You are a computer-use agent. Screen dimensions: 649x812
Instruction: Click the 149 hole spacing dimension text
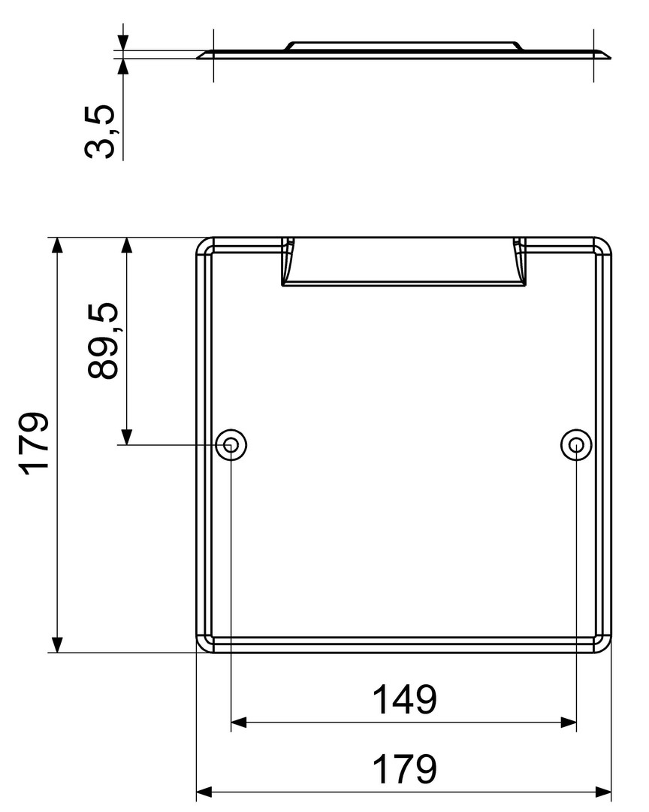pyautogui.click(x=405, y=700)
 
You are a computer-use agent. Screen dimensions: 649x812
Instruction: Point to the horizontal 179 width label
pyautogui.click(x=405, y=770)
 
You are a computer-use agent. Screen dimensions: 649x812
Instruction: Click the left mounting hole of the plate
pyautogui.click(x=231, y=445)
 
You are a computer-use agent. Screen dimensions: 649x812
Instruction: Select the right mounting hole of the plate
pyautogui.click(x=577, y=445)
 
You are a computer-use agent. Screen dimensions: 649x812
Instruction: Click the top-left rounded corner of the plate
pyautogui.click(x=202, y=244)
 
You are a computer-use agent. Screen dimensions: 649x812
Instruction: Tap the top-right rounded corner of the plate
pyautogui.click(x=606, y=244)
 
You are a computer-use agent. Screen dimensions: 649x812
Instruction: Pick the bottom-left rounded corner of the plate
pyautogui.click(x=202, y=647)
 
